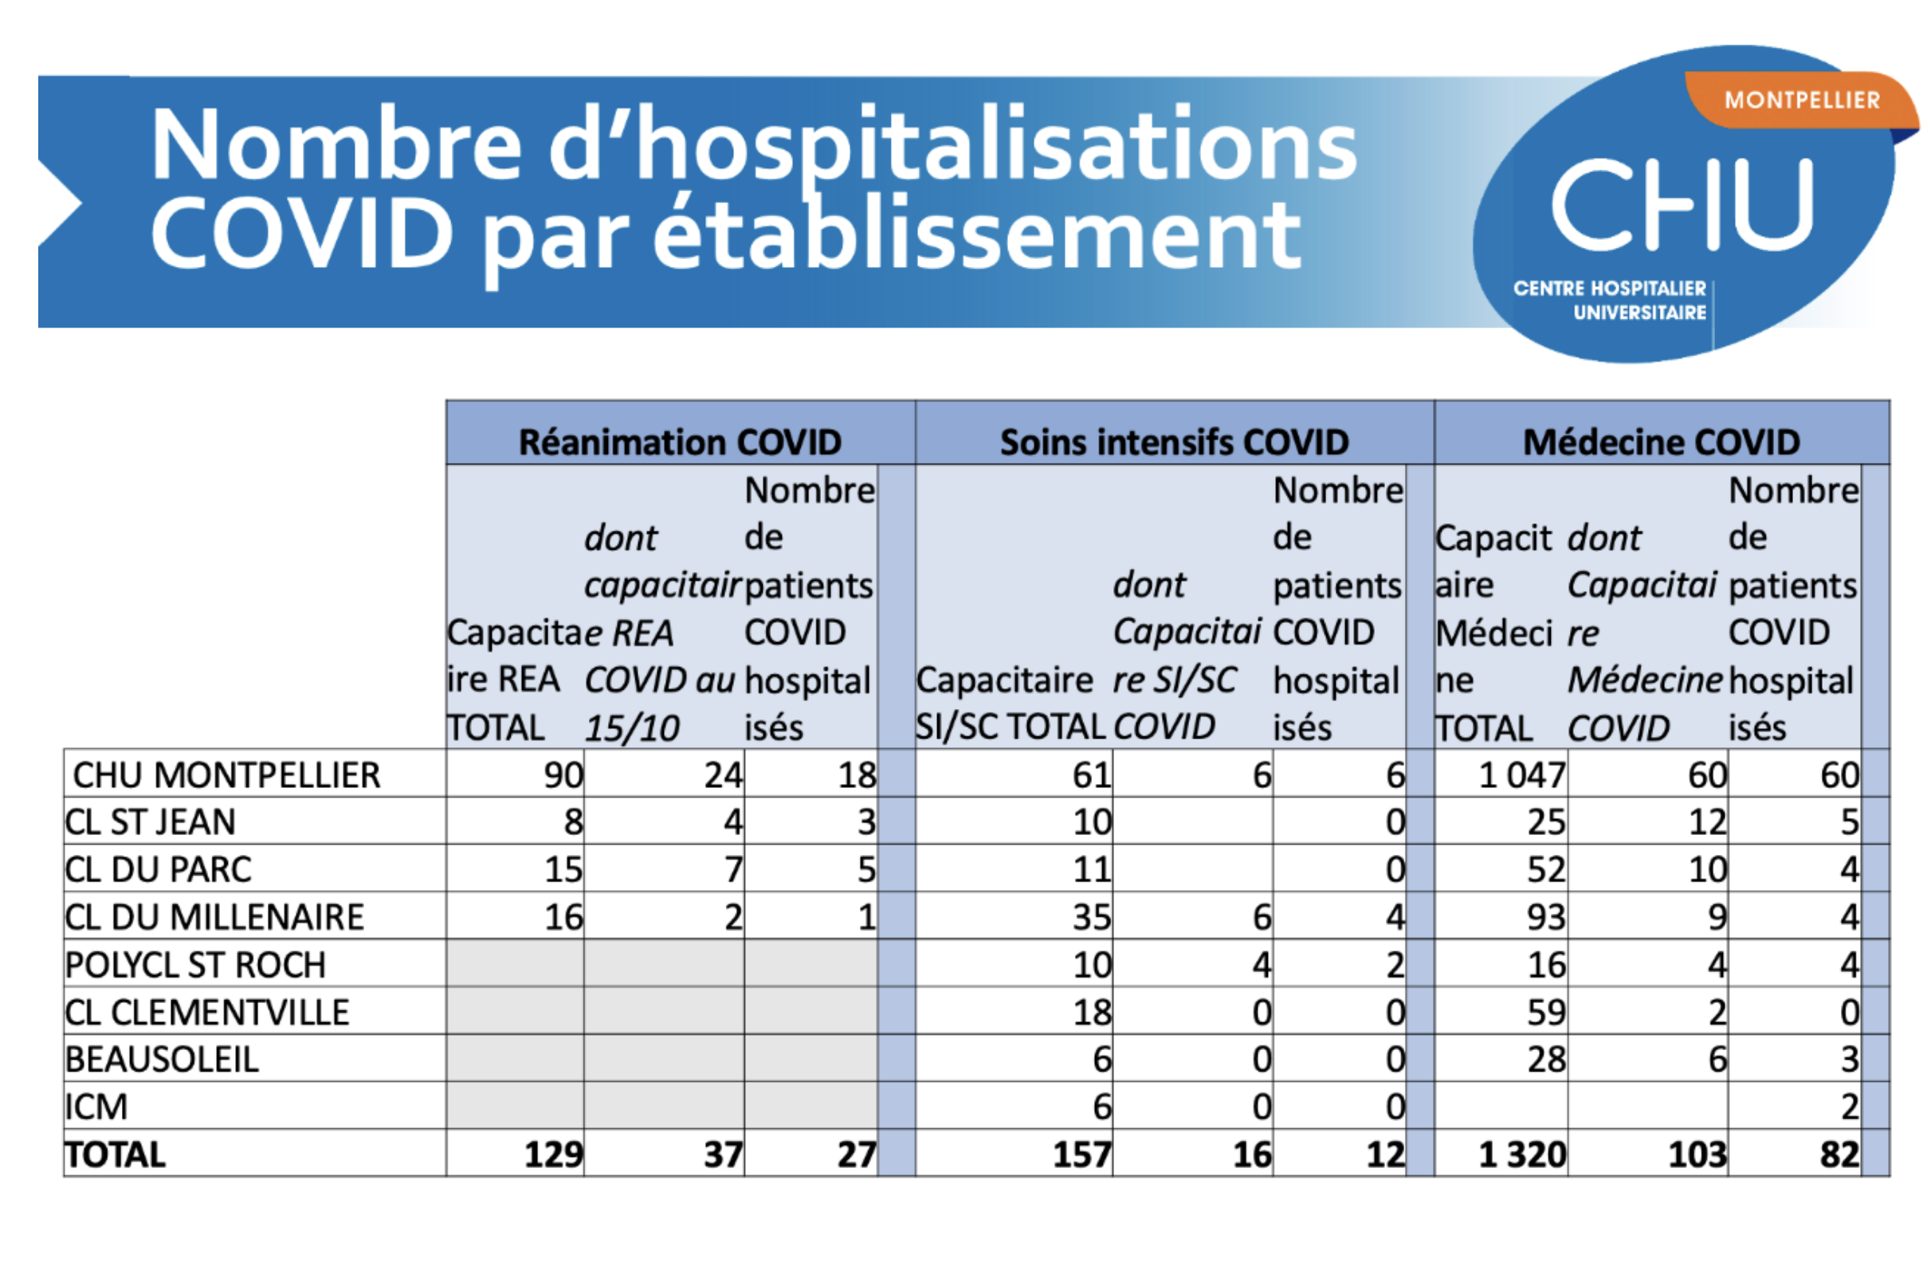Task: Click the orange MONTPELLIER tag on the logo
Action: [1802, 100]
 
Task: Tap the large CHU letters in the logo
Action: [1682, 204]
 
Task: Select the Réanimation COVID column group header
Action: [680, 442]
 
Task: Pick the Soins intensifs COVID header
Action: [1174, 442]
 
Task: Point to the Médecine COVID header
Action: [1662, 442]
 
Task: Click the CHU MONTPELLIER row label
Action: [226, 774]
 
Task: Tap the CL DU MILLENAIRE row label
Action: [214, 917]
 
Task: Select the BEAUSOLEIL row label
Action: [162, 1060]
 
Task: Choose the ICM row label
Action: [96, 1107]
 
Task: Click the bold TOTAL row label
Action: [116, 1155]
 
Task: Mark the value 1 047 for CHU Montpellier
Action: [1522, 774]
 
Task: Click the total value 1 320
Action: [1522, 1155]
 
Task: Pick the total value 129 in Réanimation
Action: [554, 1155]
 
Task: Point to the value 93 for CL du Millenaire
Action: [1546, 917]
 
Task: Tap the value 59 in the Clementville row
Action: [1546, 1013]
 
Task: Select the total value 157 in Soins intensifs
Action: [1082, 1155]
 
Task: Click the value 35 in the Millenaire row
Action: [1093, 917]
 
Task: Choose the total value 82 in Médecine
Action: [1839, 1155]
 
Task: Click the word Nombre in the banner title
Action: [337, 144]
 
